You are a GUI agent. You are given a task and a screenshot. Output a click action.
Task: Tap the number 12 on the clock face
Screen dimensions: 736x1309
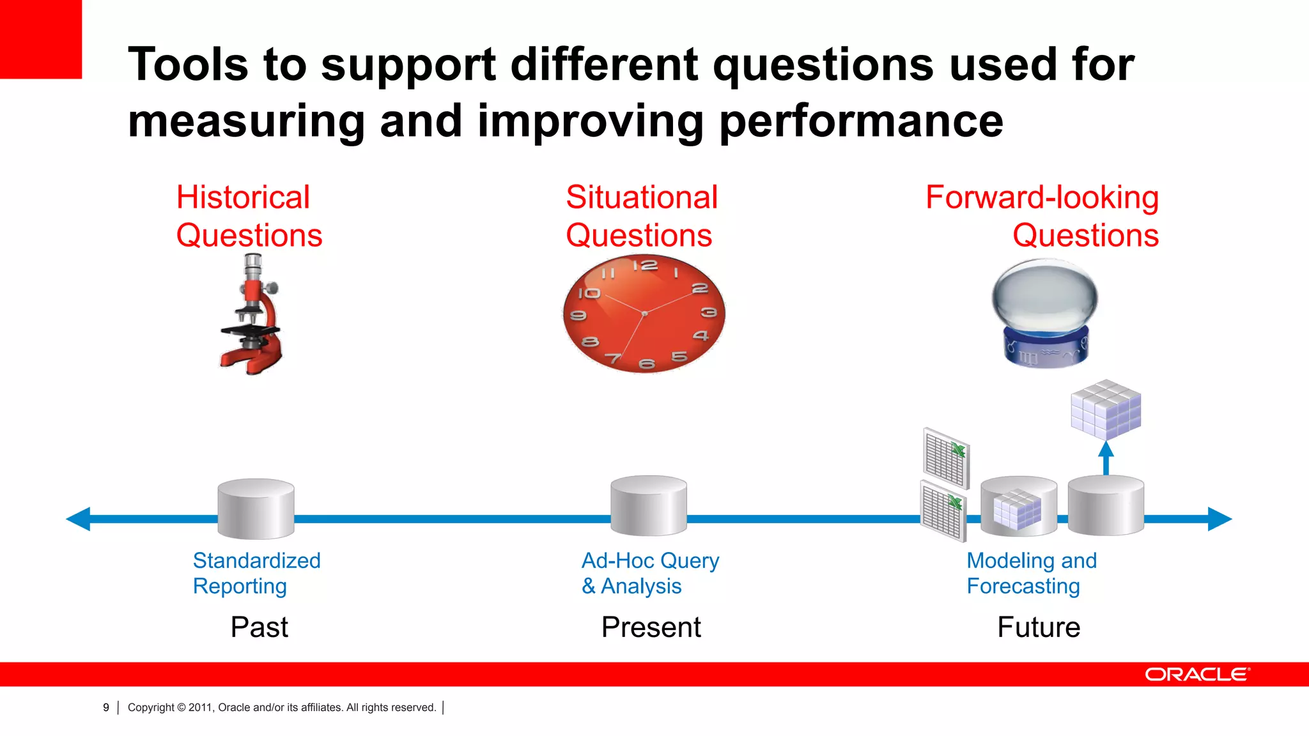point(645,265)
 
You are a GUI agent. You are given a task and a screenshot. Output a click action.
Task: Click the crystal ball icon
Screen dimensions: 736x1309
point(1044,312)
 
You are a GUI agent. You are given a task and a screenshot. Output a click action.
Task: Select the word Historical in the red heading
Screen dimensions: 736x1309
point(243,197)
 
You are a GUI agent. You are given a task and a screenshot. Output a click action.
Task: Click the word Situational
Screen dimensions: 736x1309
point(642,197)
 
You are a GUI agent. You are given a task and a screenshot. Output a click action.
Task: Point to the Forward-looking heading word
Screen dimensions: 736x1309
point(1042,197)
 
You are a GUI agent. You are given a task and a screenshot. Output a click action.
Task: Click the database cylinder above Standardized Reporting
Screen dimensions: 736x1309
point(256,509)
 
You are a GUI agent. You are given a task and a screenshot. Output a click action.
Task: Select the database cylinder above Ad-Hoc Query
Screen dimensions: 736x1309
point(648,506)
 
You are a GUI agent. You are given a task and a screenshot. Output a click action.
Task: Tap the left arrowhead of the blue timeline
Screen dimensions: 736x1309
point(79,519)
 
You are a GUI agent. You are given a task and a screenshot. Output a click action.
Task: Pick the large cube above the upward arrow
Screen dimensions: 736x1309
point(1106,410)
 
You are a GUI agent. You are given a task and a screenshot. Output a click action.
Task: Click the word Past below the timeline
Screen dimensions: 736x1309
point(259,627)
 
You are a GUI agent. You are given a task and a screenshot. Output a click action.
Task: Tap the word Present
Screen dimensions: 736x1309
point(651,627)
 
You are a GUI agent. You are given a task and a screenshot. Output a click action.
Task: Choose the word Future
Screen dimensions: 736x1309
point(1039,627)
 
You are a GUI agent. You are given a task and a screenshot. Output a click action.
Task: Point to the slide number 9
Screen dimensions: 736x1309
point(106,707)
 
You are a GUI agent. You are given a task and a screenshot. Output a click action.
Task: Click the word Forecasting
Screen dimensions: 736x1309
point(1023,586)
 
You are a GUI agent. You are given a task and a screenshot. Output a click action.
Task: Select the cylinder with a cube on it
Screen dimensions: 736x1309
point(1019,507)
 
